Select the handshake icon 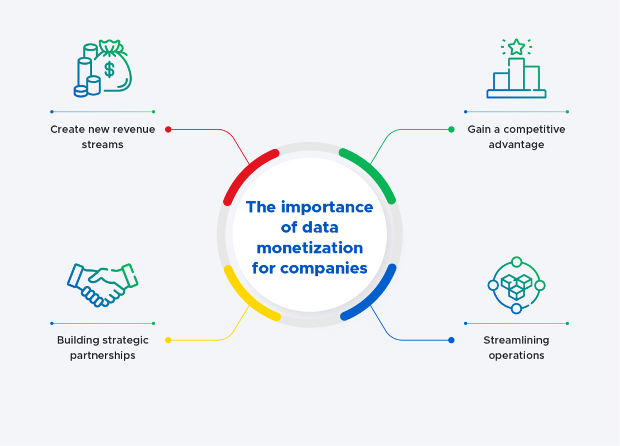103,283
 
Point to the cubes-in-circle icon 516,285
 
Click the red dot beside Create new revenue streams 168,129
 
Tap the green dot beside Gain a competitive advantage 451,129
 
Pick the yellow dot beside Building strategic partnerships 168,340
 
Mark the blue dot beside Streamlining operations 451,340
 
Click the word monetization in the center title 309,248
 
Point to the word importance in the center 327,207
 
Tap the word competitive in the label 535,129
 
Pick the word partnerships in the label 103,356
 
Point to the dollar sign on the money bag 109,69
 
